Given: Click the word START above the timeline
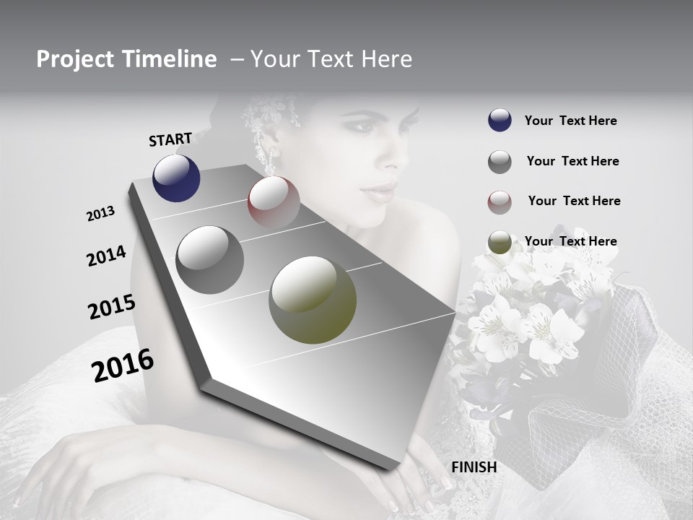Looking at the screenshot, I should pyautogui.click(x=170, y=139).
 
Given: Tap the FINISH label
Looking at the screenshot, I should pyautogui.click(x=474, y=467).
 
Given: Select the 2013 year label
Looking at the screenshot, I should pyautogui.click(x=100, y=214).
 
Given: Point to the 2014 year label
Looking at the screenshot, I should pyautogui.click(x=106, y=256).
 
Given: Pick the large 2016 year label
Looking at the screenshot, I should pyautogui.click(x=123, y=365).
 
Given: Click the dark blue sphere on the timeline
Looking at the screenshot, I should pyautogui.click(x=176, y=178).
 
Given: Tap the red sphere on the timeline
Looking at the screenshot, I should pyautogui.click(x=274, y=201).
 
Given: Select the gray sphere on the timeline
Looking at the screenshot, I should pyautogui.click(x=209, y=260).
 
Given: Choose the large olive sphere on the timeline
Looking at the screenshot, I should pyautogui.click(x=313, y=300).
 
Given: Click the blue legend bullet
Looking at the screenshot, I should pyautogui.click(x=500, y=121).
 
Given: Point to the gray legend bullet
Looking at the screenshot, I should pyautogui.click(x=500, y=162).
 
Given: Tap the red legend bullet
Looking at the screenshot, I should pyautogui.click(x=500, y=202).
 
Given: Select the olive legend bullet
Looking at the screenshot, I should pyautogui.click(x=500, y=242).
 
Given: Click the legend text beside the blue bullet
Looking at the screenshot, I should pyautogui.click(x=570, y=121).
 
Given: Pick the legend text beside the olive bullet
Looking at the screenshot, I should pyautogui.click(x=570, y=241).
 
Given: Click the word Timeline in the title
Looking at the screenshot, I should pyautogui.click(x=170, y=59).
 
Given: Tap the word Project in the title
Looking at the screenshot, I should pyautogui.click(x=74, y=60).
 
